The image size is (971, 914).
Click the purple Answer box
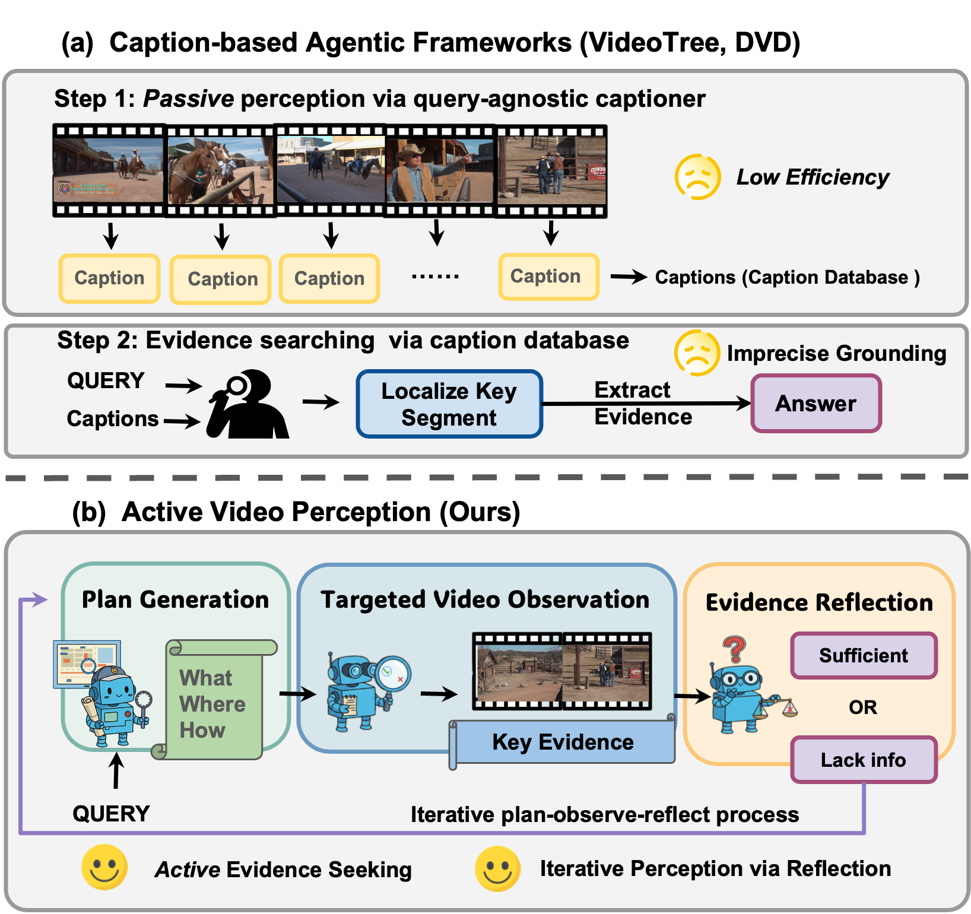(816, 404)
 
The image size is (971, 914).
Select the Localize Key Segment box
(449, 404)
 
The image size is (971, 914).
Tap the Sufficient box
(864, 656)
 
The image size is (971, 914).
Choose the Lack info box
(864, 760)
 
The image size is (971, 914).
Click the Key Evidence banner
(563, 742)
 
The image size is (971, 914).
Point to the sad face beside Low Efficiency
(698, 177)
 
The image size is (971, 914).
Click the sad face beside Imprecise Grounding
(697, 353)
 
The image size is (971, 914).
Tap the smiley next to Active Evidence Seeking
(104, 867)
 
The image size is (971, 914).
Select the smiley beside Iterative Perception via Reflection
(497, 868)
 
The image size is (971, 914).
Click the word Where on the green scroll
(212, 704)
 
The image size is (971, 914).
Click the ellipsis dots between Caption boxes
(436, 277)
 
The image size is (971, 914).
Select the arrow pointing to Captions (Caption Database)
(629, 277)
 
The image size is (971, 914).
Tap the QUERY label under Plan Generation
(111, 814)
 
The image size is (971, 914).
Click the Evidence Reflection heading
(819, 602)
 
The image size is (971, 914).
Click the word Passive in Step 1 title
(189, 99)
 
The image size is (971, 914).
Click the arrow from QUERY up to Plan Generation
(116, 770)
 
